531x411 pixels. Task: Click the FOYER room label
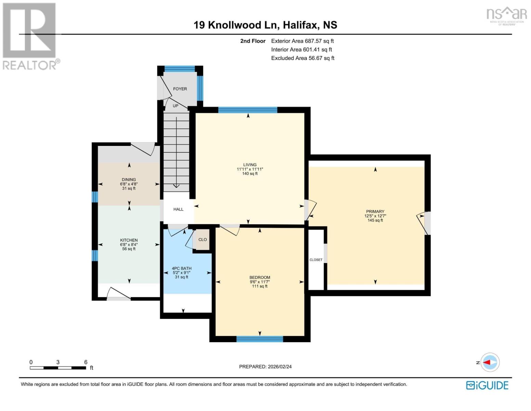tap(180, 89)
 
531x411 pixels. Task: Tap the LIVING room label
tap(250, 165)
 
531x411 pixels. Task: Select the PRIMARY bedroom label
tap(375, 211)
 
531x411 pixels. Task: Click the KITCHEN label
tap(129, 240)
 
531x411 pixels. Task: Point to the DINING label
tap(129, 179)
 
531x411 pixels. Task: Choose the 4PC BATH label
tap(182, 269)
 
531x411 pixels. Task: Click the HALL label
tap(178, 209)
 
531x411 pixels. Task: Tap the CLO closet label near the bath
tap(203, 240)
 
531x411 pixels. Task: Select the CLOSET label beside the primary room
tap(316, 260)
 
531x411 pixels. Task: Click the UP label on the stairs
tap(176, 106)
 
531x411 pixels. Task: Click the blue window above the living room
tap(248, 110)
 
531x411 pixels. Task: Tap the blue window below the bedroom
tap(260, 339)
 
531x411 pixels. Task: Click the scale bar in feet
tap(58, 368)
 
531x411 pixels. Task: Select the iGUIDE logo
tap(487, 385)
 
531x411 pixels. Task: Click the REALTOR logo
tap(30, 36)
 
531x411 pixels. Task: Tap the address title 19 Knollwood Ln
tap(265, 25)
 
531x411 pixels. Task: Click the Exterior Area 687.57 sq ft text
tap(302, 41)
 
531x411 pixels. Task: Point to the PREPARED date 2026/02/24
tap(265, 366)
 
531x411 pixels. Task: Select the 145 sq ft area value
tap(375, 220)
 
